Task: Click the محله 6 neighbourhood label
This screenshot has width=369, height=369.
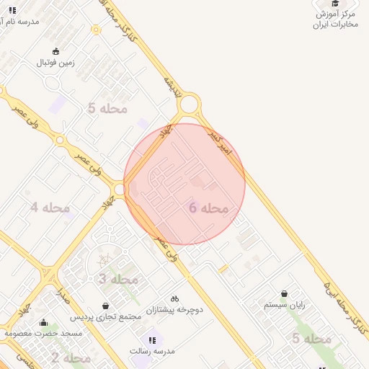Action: [209, 208]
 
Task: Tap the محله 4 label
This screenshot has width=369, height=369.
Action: [50, 208]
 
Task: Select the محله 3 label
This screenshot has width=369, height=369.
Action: [117, 279]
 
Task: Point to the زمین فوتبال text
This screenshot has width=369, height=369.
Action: [56, 63]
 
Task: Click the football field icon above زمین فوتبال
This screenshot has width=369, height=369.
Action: [56, 51]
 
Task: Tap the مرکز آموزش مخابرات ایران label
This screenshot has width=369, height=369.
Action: [335, 19]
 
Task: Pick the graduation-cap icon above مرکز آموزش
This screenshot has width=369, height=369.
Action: [335, 4]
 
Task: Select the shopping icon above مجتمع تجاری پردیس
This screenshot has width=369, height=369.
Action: [106, 306]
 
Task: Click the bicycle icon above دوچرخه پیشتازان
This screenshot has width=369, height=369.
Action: [174, 298]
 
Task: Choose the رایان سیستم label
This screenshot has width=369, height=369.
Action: [285, 305]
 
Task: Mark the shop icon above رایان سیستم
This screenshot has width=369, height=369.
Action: [285, 294]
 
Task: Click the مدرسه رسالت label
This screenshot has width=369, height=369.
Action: [152, 351]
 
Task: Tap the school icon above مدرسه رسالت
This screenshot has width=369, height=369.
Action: [152, 340]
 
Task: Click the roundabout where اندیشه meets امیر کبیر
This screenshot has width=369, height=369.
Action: [190, 105]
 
